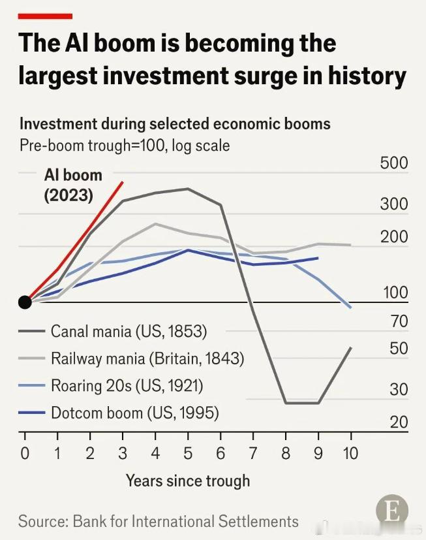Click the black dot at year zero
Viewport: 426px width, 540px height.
click(25, 302)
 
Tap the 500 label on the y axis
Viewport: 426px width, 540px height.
click(394, 163)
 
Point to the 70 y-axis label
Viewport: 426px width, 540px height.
click(399, 321)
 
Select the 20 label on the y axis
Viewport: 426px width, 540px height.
click(399, 422)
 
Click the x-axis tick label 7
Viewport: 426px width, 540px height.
click(253, 453)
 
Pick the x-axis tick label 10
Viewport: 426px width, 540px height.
click(350, 453)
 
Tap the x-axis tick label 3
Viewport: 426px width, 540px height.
click(123, 453)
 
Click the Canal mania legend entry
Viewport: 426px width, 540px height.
click(113, 331)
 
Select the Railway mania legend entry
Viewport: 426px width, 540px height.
click(131, 358)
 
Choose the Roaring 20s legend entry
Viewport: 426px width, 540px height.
click(111, 385)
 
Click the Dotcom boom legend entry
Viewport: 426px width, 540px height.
click(119, 413)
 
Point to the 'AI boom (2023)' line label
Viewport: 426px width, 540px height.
click(73, 185)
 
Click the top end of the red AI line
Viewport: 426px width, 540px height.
click(123, 182)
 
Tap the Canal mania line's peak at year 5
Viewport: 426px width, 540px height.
click(187, 189)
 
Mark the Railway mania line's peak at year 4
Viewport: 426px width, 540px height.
click(155, 224)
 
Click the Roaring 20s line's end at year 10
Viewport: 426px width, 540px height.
click(350, 308)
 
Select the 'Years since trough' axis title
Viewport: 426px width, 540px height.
click(187, 481)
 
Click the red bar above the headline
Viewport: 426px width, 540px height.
click(45, 16)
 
